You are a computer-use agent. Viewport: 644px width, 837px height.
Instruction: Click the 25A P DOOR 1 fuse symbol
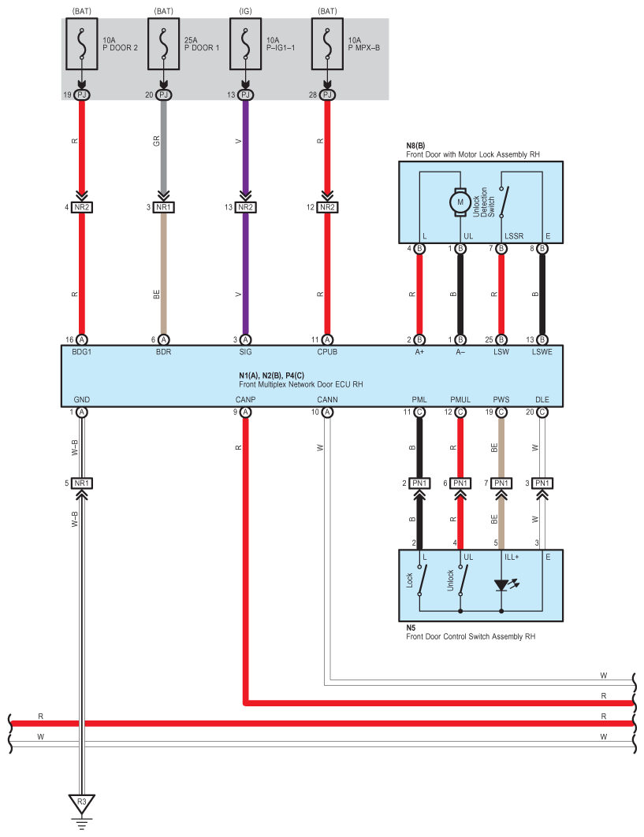[163, 44]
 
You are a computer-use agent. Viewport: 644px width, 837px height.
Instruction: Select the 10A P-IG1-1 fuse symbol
[245, 44]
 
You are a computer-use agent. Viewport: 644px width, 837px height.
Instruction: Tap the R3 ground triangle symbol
[82, 803]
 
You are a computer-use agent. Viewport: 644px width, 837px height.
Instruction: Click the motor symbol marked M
[460, 202]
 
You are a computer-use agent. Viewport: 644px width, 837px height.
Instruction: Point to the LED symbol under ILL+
[502, 585]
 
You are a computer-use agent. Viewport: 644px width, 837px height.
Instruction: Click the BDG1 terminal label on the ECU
[82, 352]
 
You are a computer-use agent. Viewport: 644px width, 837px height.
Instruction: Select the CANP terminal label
[245, 399]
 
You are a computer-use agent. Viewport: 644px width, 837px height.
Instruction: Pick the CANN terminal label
[327, 399]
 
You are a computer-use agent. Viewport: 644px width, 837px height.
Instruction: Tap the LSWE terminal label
[542, 352]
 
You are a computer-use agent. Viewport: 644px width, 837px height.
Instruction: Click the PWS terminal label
[501, 399]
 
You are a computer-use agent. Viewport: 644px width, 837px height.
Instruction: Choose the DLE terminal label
[542, 399]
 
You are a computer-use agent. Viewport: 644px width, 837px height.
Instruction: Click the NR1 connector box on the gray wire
[163, 207]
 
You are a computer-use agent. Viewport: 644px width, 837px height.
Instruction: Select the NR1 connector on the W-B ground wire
[82, 483]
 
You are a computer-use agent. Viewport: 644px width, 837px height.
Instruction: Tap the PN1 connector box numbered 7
[501, 483]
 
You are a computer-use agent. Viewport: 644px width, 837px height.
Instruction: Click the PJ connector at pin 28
[327, 94]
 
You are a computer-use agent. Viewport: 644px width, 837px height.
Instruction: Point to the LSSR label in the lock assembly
[514, 236]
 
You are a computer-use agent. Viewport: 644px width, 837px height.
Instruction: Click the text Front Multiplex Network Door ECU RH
[301, 384]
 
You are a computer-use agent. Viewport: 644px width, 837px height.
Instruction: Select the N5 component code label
[411, 628]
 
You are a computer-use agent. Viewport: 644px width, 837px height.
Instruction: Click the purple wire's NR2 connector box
[245, 207]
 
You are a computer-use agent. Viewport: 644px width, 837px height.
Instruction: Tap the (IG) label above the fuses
[245, 11]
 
